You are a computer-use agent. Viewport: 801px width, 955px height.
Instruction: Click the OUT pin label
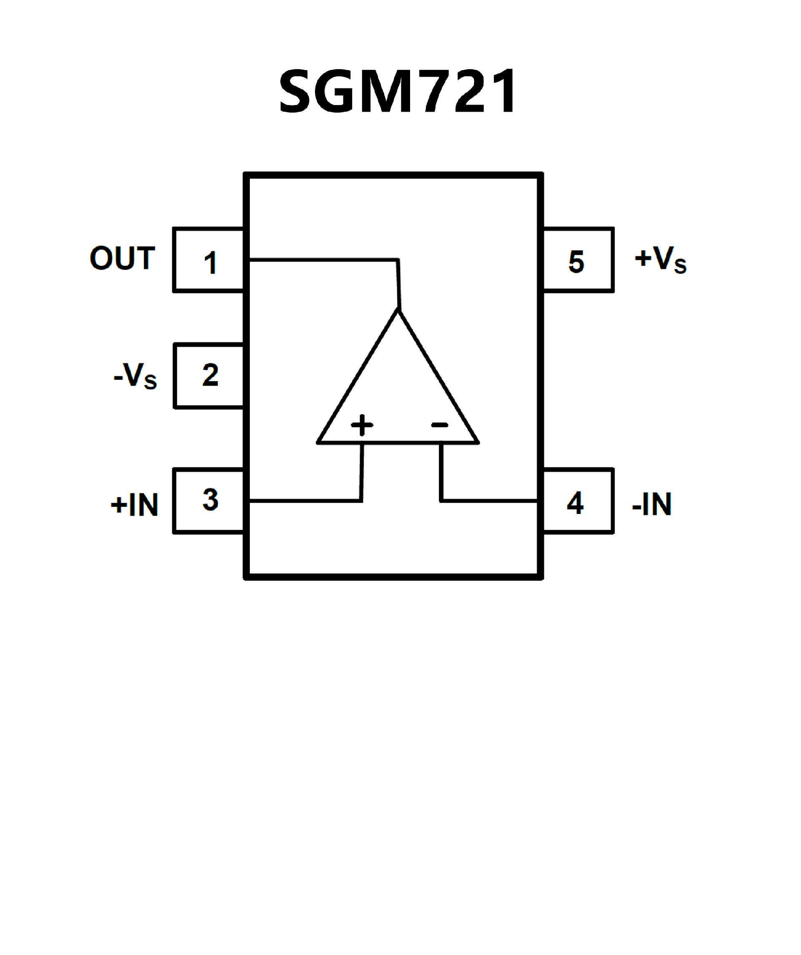point(122,258)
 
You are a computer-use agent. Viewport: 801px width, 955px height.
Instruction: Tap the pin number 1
point(210,263)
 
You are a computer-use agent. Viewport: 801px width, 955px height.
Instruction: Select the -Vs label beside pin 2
point(135,376)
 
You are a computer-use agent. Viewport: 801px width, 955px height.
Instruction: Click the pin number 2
point(210,375)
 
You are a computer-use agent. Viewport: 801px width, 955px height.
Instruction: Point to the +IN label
point(134,505)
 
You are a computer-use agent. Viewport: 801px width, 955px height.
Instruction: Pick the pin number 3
point(210,500)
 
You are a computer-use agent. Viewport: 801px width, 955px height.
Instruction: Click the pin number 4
point(575,504)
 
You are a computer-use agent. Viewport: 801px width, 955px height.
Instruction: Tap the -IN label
point(652,504)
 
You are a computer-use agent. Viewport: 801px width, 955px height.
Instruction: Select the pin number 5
point(576,262)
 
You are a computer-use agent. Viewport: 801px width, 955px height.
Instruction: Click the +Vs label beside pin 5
point(660,260)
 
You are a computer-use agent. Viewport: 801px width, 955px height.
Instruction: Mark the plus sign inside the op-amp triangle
point(362,425)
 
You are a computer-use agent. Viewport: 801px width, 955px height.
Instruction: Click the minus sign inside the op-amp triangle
point(440,425)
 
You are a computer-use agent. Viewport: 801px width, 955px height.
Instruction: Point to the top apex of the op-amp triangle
point(399,310)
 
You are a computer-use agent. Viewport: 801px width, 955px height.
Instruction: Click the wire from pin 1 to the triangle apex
point(323,260)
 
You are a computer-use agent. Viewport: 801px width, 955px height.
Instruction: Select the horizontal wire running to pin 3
point(305,501)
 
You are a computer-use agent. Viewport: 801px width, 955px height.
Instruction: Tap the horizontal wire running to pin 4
point(489,501)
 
